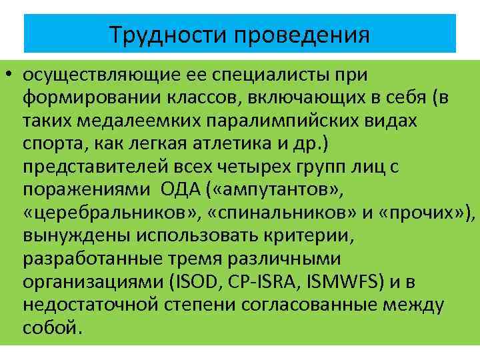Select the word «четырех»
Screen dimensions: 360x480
256,167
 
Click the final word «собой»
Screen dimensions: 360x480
52,329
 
